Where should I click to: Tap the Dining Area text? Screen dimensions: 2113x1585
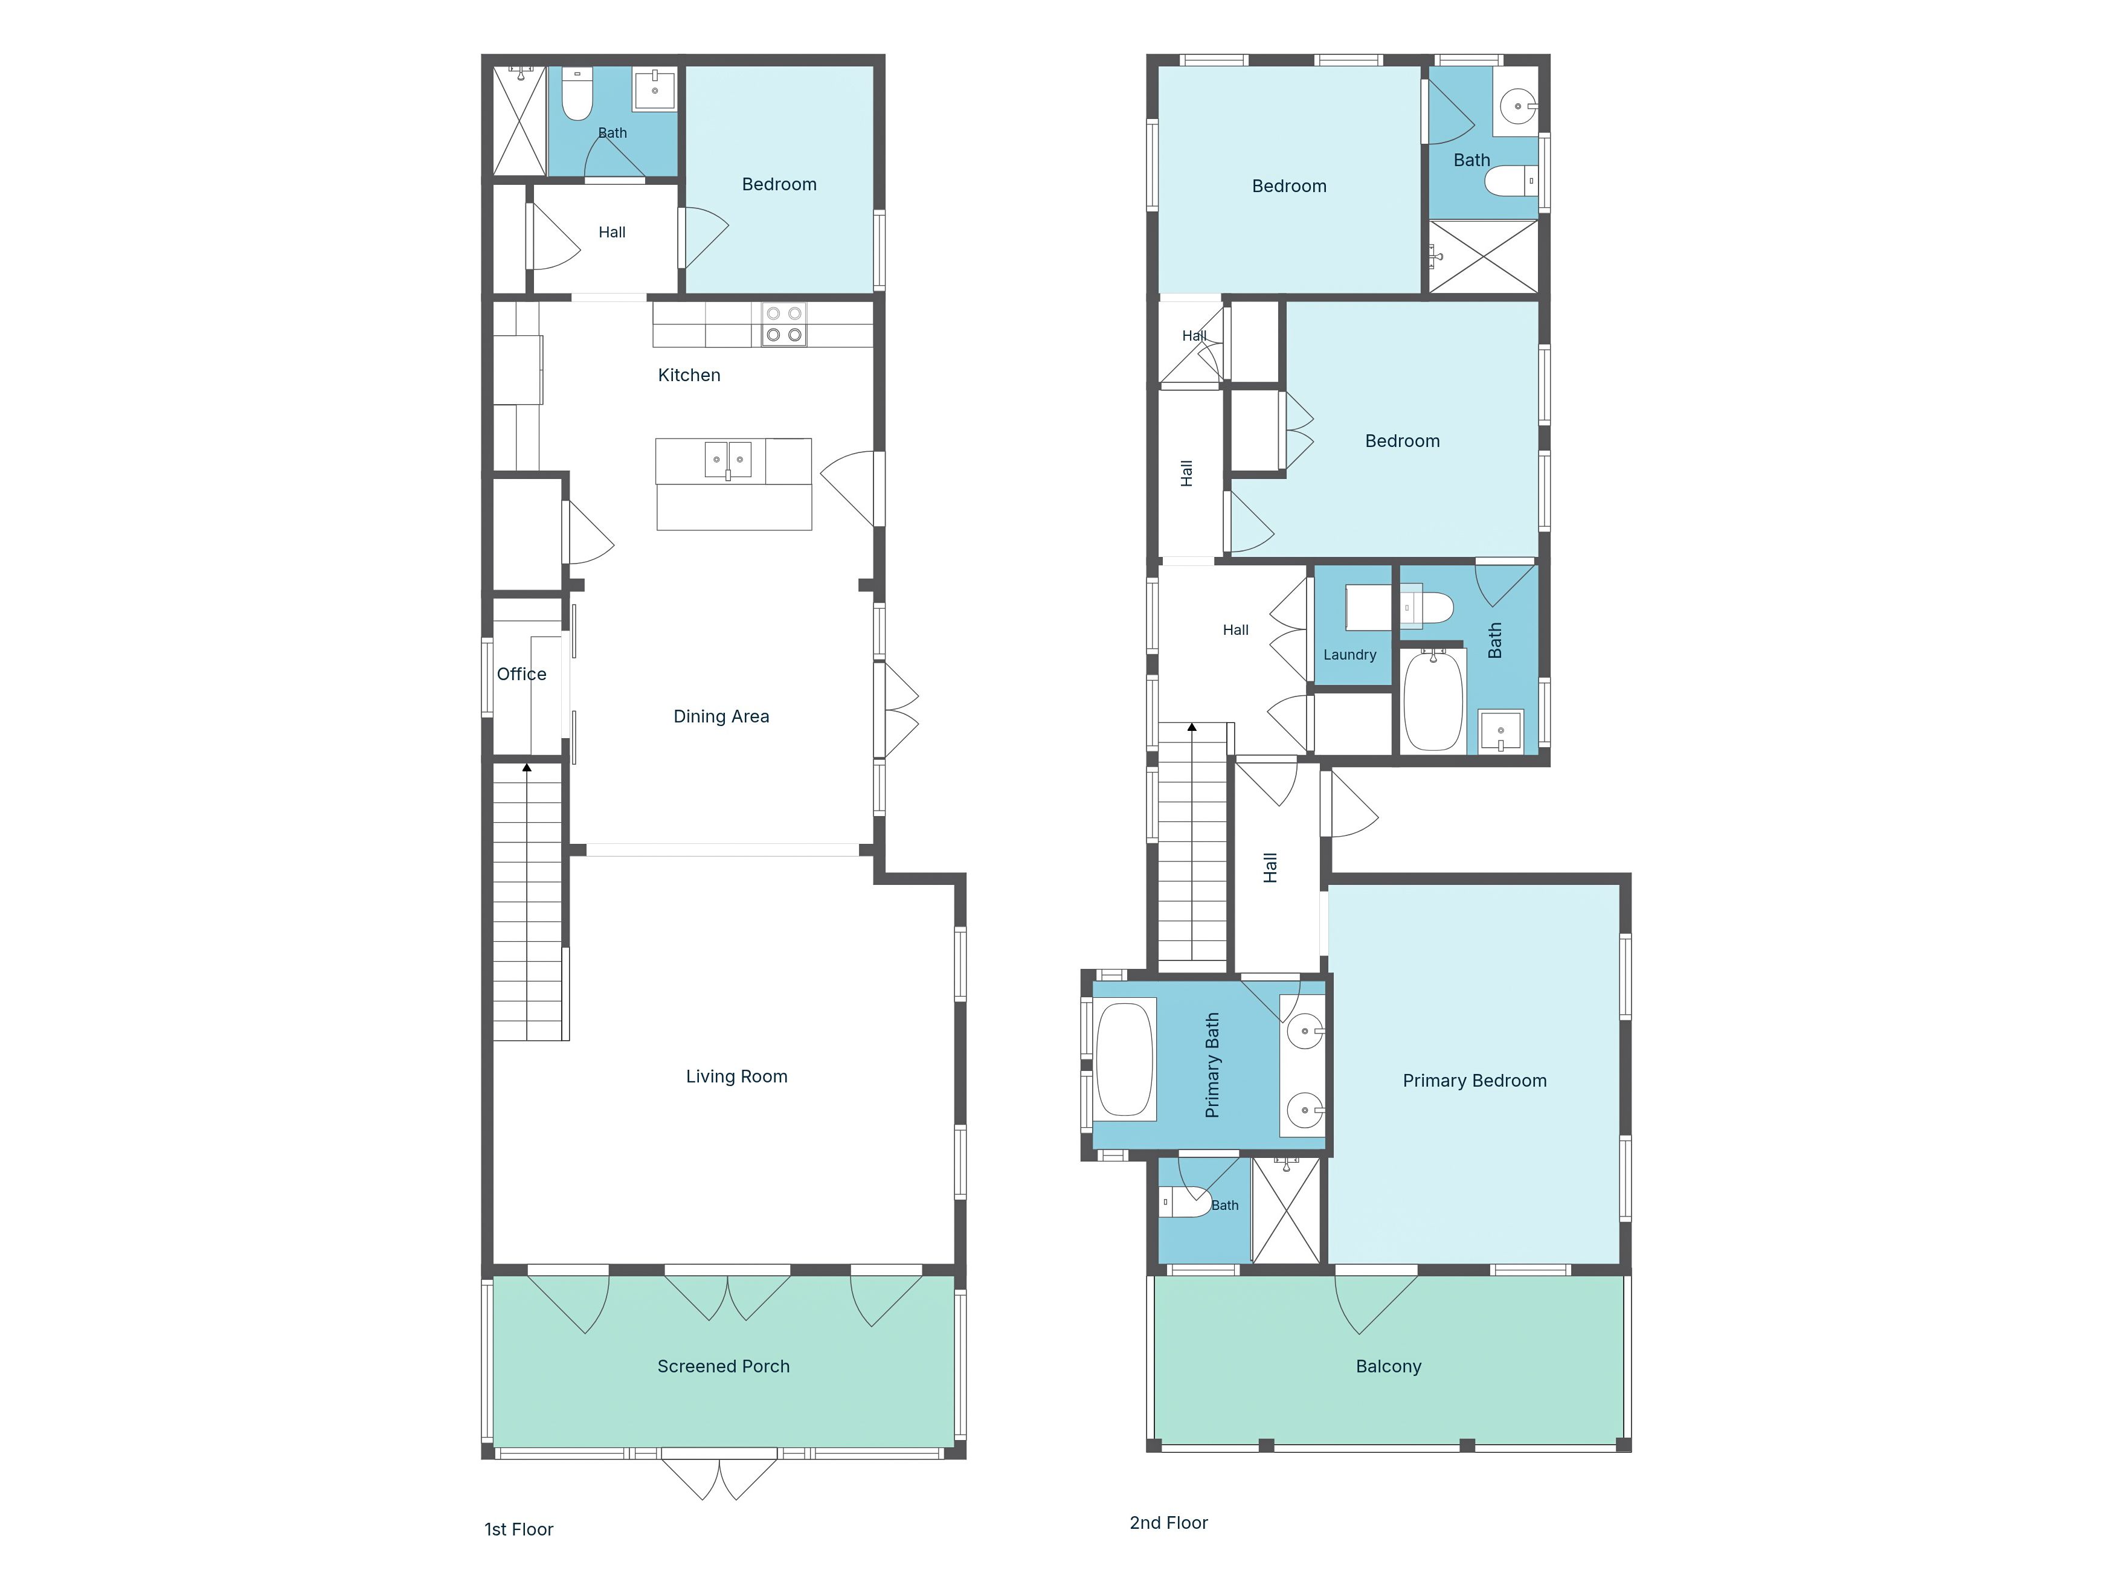(x=721, y=716)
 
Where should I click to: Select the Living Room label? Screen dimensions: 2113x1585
(x=736, y=1077)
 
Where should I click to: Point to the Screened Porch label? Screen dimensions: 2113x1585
(x=723, y=1366)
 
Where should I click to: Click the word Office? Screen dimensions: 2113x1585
(x=521, y=675)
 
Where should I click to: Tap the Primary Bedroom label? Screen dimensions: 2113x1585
(x=1474, y=1081)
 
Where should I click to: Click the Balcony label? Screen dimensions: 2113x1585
(x=1388, y=1366)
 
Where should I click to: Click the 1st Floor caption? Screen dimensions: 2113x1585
(x=519, y=1529)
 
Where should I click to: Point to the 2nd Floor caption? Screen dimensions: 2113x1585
(x=1168, y=1523)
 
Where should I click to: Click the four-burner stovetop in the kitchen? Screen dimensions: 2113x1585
(x=783, y=324)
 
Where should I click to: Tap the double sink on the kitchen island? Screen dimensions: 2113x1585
(x=728, y=460)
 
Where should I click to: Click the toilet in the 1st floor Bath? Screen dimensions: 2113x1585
(x=577, y=94)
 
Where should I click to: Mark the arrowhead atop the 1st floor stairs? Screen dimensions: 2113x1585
(x=526, y=767)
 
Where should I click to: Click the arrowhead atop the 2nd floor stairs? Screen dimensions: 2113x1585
(x=1192, y=728)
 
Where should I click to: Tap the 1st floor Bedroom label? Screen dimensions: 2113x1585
(x=779, y=184)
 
